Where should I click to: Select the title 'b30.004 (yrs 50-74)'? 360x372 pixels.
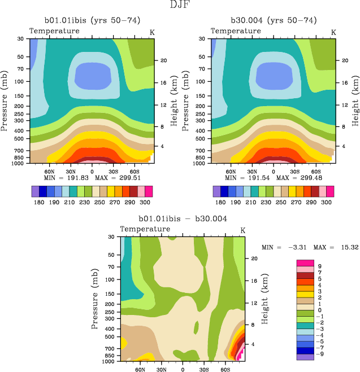point(274,20)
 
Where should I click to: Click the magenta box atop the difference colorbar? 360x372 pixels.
point(305,263)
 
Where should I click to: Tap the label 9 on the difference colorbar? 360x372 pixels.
point(321,266)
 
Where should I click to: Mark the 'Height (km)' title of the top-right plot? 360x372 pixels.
point(355,100)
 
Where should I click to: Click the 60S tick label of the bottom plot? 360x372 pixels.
point(224,370)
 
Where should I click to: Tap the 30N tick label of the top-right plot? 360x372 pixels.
point(251,171)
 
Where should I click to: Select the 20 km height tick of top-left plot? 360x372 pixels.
point(162,60)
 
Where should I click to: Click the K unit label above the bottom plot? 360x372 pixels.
point(243,230)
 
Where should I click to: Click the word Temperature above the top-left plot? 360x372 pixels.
point(54,30)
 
